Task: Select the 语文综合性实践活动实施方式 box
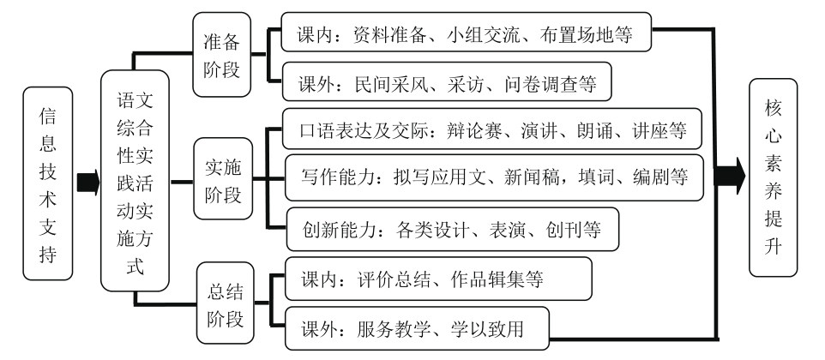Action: (133, 183)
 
